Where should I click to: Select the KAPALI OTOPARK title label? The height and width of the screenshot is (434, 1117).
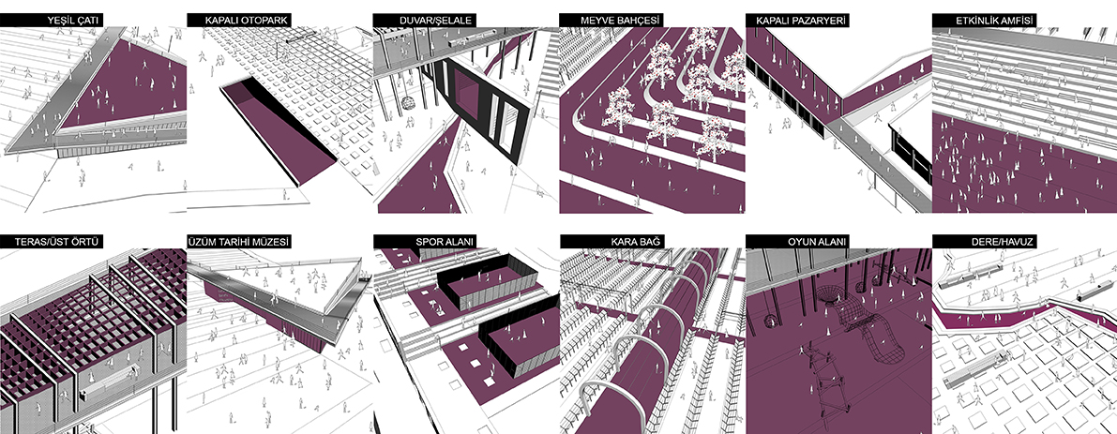click(x=246, y=21)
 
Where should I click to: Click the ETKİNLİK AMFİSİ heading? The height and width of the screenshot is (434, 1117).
click(x=995, y=21)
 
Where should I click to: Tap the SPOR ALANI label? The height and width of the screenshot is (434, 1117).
click(x=445, y=243)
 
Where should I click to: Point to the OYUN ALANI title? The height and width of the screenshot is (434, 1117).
click(x=817, y=243)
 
